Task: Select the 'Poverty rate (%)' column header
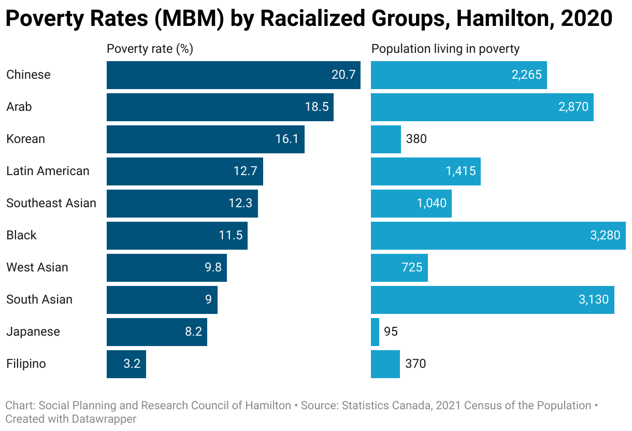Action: click(150, 49)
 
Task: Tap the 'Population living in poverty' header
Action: click(446, 49)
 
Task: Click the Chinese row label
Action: click(28, 75)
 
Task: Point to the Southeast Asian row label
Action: click(51, 203)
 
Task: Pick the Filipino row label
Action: click(26, 364)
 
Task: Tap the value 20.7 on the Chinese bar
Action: click(343, 75)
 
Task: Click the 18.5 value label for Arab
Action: click(317, 107)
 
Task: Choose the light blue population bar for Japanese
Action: click(375, 332)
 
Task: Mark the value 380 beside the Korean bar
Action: click(416, 139)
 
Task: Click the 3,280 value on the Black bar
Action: click(605, 235)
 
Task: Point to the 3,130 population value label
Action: click(594, 299)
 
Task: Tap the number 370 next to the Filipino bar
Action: click(415, 364)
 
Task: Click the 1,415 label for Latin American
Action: click(461, 171)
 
